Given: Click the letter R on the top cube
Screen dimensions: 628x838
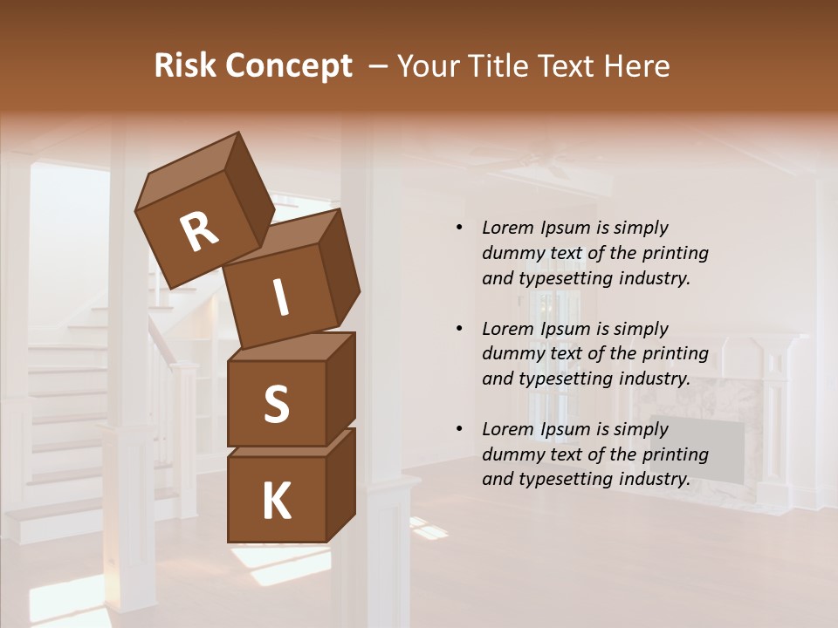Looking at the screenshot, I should tap(199, 231).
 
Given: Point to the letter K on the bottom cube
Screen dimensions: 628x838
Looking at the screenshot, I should tap(276, 502).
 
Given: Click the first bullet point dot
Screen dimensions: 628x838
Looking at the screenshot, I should tap(460, 229).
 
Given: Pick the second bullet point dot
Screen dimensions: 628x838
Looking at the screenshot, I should tap(460, 329).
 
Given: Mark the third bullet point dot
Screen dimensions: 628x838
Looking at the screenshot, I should tap(460, 429).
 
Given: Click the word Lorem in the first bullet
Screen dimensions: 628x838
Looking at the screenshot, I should tap(508, 228).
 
